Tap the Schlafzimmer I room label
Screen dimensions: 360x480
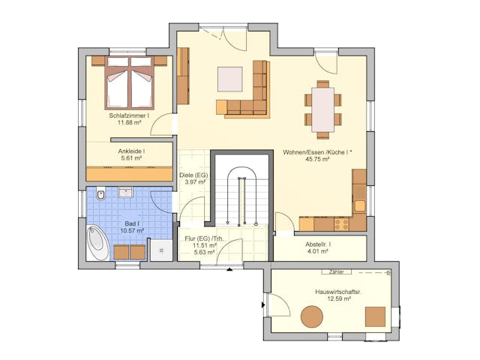tap(129, 116)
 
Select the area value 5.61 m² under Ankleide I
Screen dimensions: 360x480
tap(130, 159)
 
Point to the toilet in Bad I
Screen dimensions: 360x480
tap(102, 195)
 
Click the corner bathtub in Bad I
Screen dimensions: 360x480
tap(97, 241)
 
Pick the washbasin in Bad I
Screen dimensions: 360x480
tap(124, 192)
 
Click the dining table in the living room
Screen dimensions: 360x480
tap(323, 109)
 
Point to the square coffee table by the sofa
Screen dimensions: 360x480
tap(230, 79)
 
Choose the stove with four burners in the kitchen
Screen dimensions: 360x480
tap(343, 223)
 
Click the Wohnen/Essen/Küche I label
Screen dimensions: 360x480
tap(318, 151)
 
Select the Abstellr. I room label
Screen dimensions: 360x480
tap(319, 244)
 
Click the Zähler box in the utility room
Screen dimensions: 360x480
tap(334, 271)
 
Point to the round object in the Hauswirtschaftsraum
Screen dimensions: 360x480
tap(311, 316)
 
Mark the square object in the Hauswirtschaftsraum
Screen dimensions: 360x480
tap(375, 316)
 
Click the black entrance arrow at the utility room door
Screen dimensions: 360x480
tap(263, 304)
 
